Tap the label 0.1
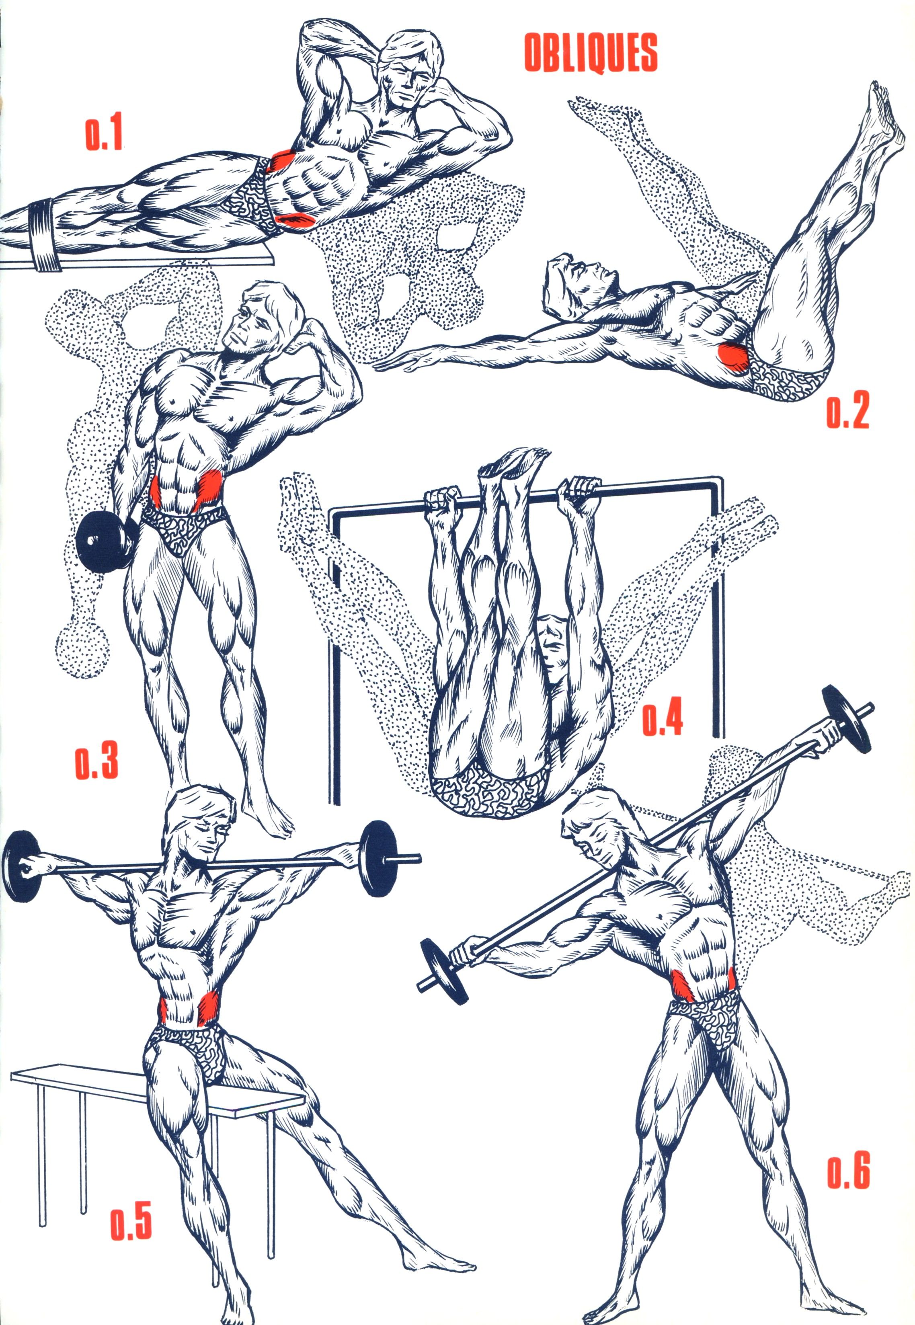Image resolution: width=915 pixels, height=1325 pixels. click(104, 135)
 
